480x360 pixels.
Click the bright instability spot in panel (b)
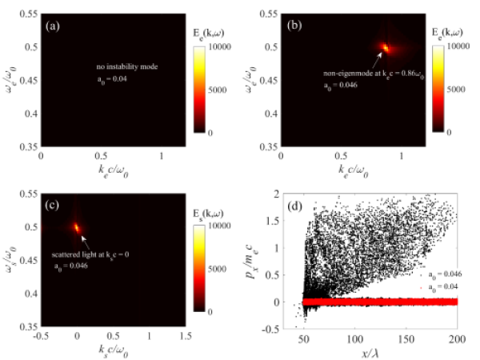[386, 48]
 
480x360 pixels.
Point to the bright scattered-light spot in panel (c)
[77, 226]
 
